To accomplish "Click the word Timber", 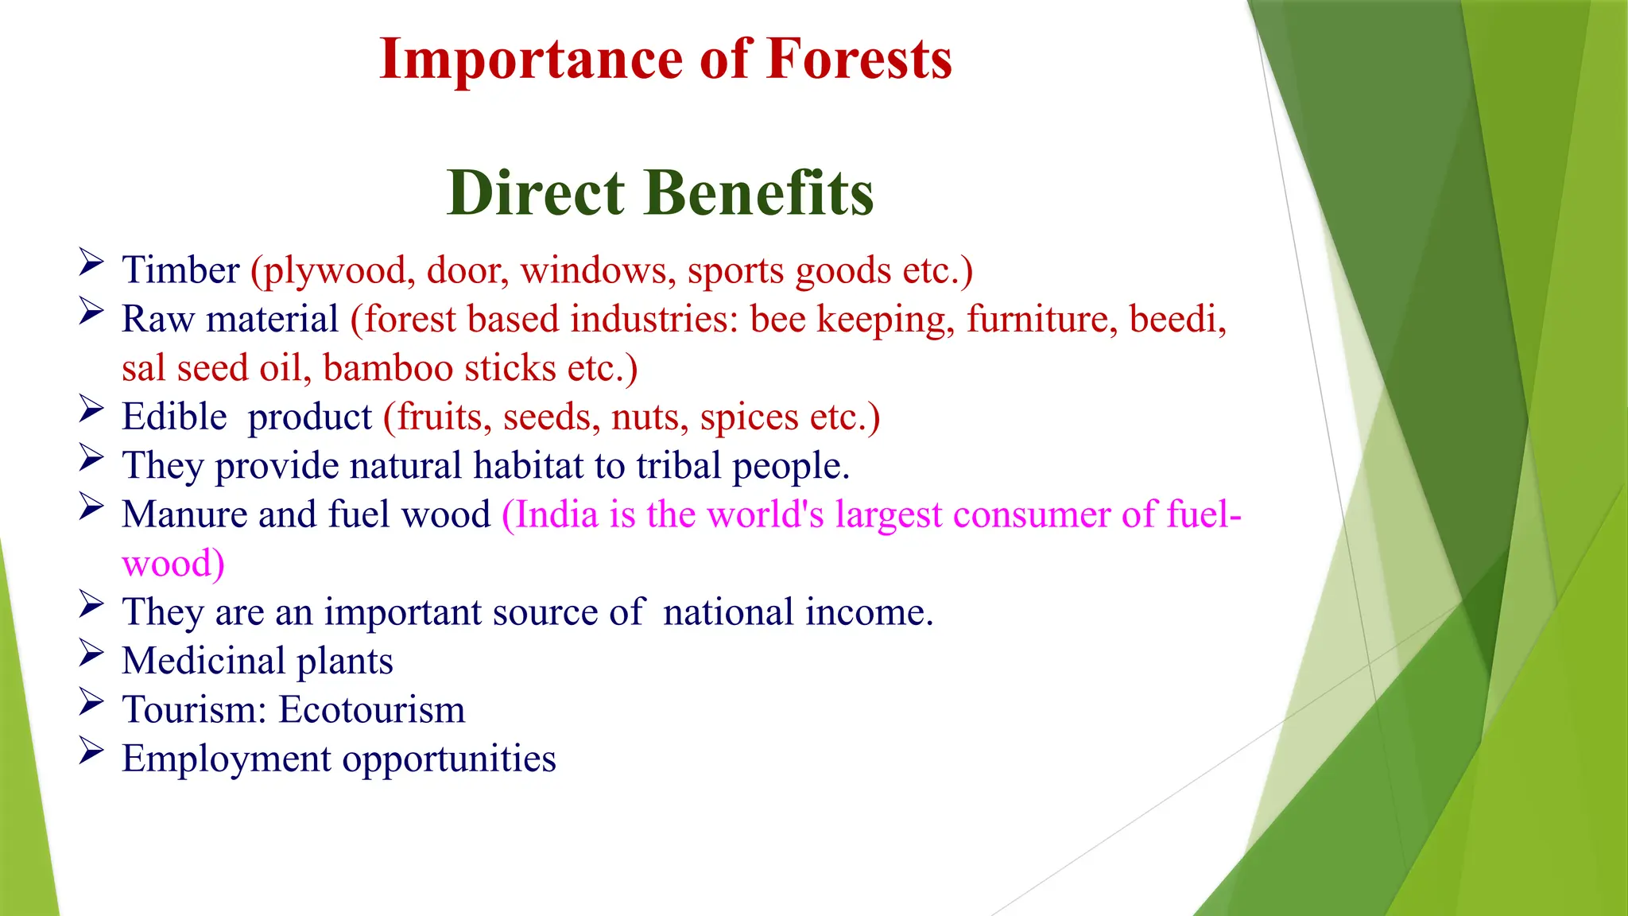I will [x=180, y=270].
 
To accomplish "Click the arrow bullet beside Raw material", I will [x=91, y=311].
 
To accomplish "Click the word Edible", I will [x=174, y=417].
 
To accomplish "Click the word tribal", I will [x=678, y=465].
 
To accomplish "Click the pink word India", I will [x=556, y=514].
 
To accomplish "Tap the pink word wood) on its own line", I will [x=173, y=564].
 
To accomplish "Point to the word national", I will [x=728, y=612].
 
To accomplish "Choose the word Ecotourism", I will [x=371, y=709].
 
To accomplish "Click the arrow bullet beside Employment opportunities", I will [x=91, y=751].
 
